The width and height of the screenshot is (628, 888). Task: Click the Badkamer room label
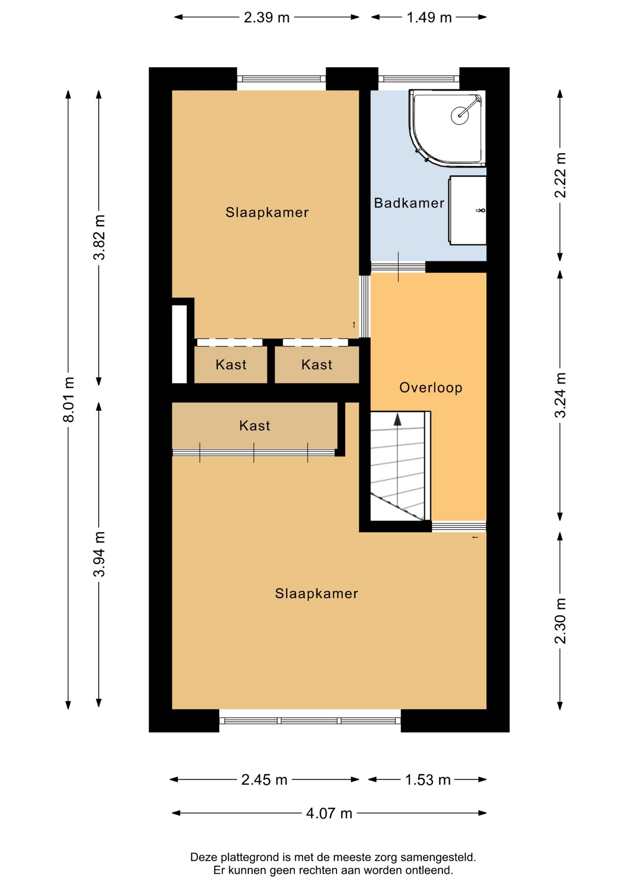pyautogui.click(x=409, y=203)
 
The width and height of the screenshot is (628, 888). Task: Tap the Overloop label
pyautogui.click(x=431, y=388)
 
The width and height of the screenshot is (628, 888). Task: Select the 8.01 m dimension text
pyautogui.click(x=68, y=399)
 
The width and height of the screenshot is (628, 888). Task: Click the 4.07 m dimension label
pyautogui.click(x=329, y=813)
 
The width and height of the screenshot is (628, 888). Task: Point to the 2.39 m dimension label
pyautogui.click(x=267, y=17)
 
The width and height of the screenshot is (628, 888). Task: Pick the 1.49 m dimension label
pyautogui.click(x=429, y=17)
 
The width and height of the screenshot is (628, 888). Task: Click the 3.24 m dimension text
pyautogui.click(x=560, y=395)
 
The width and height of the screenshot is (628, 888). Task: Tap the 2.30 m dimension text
pyautogui.click(x=560, y=621)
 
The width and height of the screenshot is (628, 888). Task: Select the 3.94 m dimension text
pyautogui.click(x=99, y=554)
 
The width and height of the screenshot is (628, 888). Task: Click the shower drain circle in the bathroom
pyautogui.click(x=460, y=114)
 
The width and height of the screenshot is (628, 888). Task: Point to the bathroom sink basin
pyautogui.click(x=468, y=210)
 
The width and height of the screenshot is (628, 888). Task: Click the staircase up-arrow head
pyautogui.click(x=397, y=419)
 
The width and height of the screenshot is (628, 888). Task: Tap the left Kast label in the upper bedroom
pyautogui.click(x=231, y=364)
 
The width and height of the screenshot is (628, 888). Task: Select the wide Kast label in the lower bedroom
pyautogui.click(x=254, y=425)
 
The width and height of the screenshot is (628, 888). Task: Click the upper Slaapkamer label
pyautogui.click(x=267, y=212)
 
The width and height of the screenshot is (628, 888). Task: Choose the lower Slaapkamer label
pyautogui.click(x=316, y=593)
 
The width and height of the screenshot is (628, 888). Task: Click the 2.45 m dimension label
pyautogui.click(x=264, y=780)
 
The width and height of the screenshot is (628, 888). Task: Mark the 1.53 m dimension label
pyautogui.click(x=428, y=780)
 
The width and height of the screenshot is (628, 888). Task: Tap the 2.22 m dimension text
pyautogui.click(x=560, y=175)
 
